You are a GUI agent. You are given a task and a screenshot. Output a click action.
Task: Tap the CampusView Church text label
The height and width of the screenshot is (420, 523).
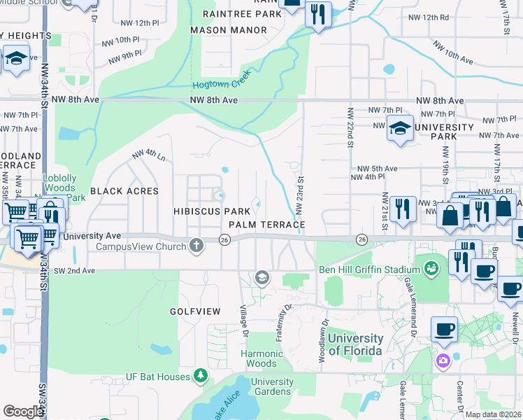[136, 246]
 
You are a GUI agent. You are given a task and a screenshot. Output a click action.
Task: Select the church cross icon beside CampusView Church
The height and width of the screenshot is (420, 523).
[197, 246]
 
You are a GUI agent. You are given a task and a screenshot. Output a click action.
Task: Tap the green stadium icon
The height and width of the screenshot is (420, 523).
[431, 268]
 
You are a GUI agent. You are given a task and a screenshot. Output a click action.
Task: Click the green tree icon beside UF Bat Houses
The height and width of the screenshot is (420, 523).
[201, 377]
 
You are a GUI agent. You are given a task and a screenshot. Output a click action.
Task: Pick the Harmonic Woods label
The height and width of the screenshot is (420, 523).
[263, 358]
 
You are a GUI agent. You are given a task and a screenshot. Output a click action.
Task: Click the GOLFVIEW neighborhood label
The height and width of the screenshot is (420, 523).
[195, 311]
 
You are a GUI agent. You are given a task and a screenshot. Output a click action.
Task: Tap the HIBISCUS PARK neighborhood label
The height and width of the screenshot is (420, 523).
[212, 211]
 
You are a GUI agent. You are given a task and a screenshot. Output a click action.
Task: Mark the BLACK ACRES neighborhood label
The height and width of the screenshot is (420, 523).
[124, 191]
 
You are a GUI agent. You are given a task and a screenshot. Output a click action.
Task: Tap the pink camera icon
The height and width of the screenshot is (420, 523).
[443, 360]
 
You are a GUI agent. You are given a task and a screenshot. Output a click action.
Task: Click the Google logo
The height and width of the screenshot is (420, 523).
[23, 412]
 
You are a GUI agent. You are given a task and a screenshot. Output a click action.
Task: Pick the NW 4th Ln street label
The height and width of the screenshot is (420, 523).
[149, 155]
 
